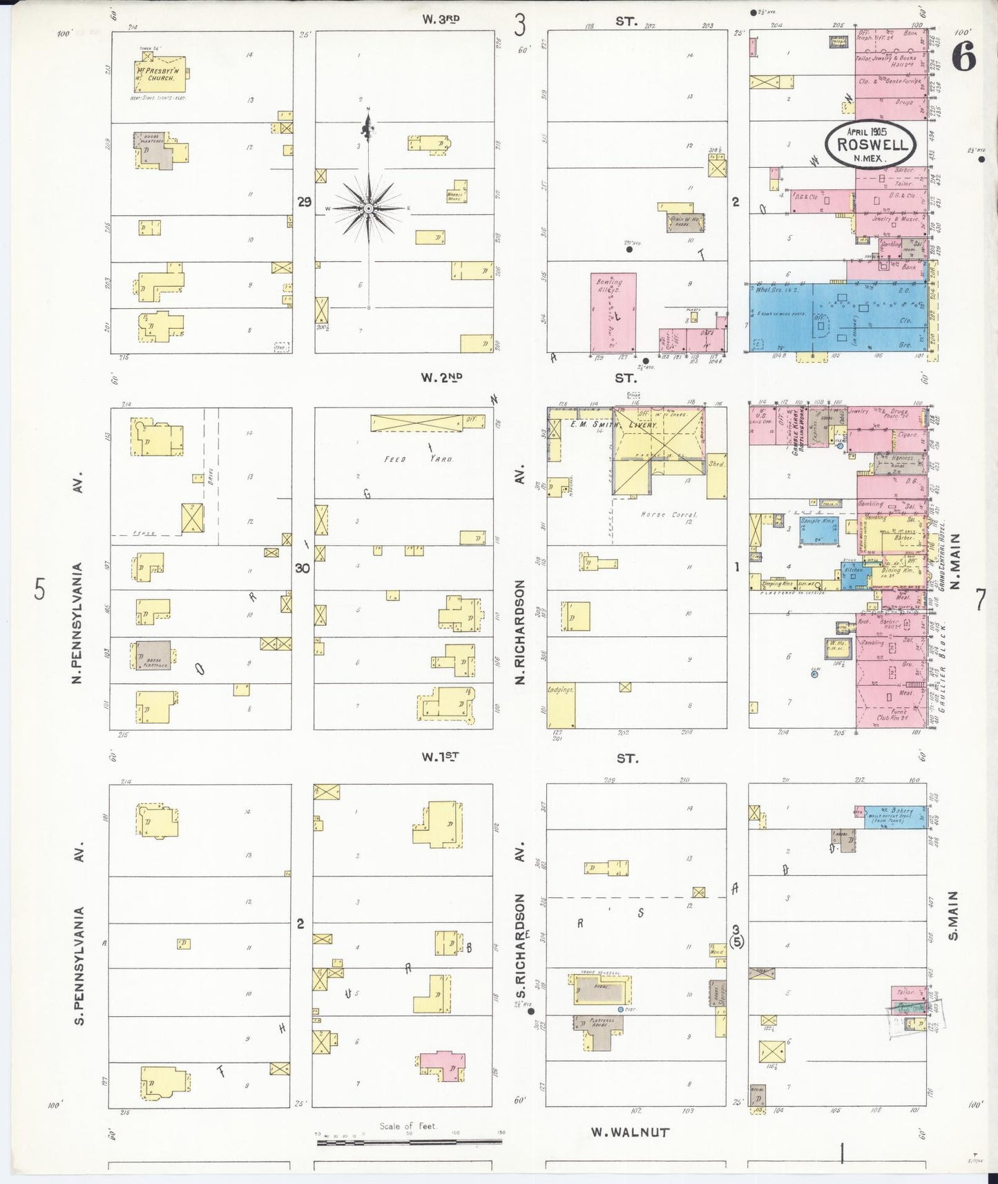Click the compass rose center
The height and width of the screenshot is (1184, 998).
coord(369,208)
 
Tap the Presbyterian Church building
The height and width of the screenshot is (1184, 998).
coord(159,74)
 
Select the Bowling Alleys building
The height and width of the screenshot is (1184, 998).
coord(613,312)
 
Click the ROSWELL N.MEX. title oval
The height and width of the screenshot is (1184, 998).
coord(871,144)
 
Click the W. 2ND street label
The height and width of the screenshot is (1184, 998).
coord(442,377)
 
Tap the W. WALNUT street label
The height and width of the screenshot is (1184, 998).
coord(630,1132)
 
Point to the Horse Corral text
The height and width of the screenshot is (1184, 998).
coord(669,515)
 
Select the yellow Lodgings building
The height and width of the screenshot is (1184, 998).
coord(561,705)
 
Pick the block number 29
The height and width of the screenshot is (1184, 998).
coord(305,202)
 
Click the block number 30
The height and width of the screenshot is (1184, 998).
coord(303,568)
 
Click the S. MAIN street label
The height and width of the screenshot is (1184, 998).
coord(954,915)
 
